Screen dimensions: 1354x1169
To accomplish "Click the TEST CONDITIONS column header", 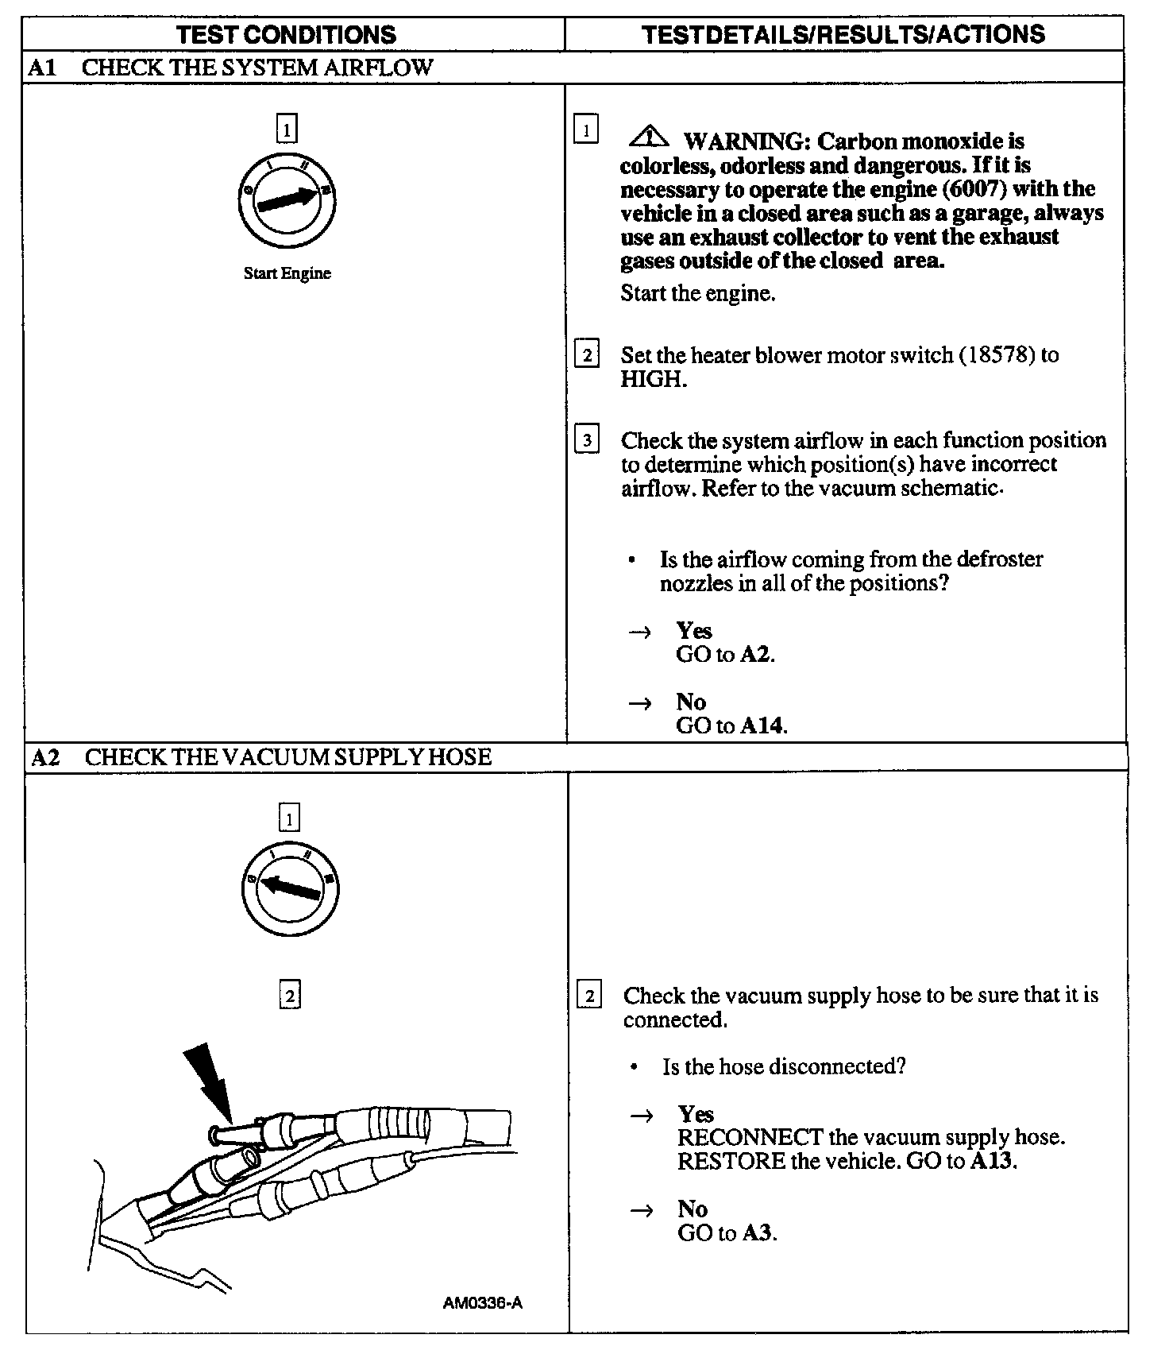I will (287, 34).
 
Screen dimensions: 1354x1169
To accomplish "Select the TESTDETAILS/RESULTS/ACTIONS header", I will (843, 34).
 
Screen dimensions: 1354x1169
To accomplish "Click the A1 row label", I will (41, 68).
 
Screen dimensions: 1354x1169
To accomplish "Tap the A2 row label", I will (45, 757).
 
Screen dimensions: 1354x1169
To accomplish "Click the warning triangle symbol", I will (649, 138).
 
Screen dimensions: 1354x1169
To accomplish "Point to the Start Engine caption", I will (287, 273).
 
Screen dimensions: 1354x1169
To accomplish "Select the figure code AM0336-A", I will (483, 1303).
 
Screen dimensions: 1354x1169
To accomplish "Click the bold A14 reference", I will (762, 725).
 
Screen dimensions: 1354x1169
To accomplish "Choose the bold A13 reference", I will (991, 1162).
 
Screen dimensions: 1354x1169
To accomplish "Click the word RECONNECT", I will (750, 1138).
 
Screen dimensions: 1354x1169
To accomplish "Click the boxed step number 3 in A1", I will (587, 439).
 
